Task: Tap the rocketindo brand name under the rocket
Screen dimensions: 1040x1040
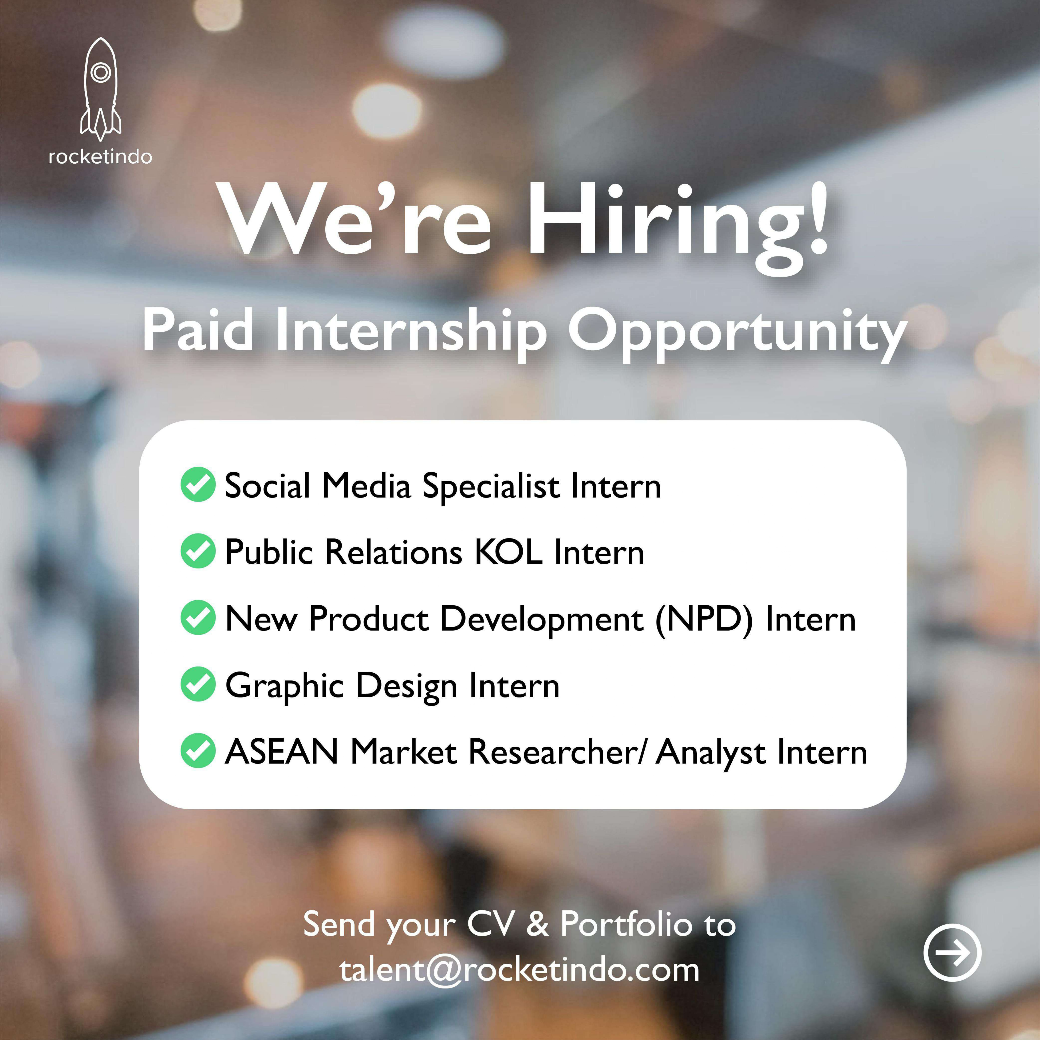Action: click(100, 157)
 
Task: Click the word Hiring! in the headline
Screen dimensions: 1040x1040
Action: click(677, 226)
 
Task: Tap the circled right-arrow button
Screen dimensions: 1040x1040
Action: click(952, 952)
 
